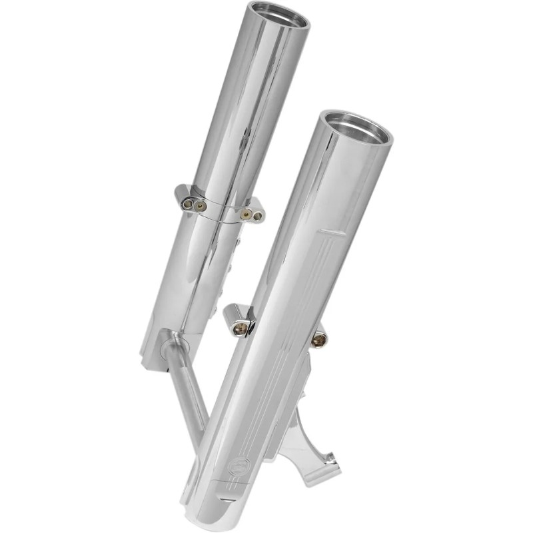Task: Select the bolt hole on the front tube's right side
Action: click(x=320, y=340)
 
